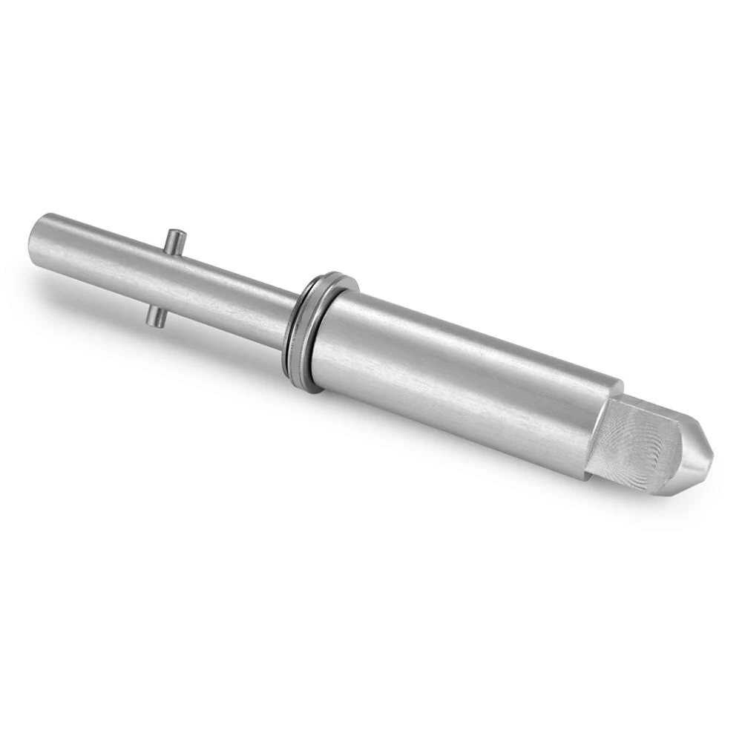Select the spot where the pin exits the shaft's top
172,251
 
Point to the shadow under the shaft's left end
67,293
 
